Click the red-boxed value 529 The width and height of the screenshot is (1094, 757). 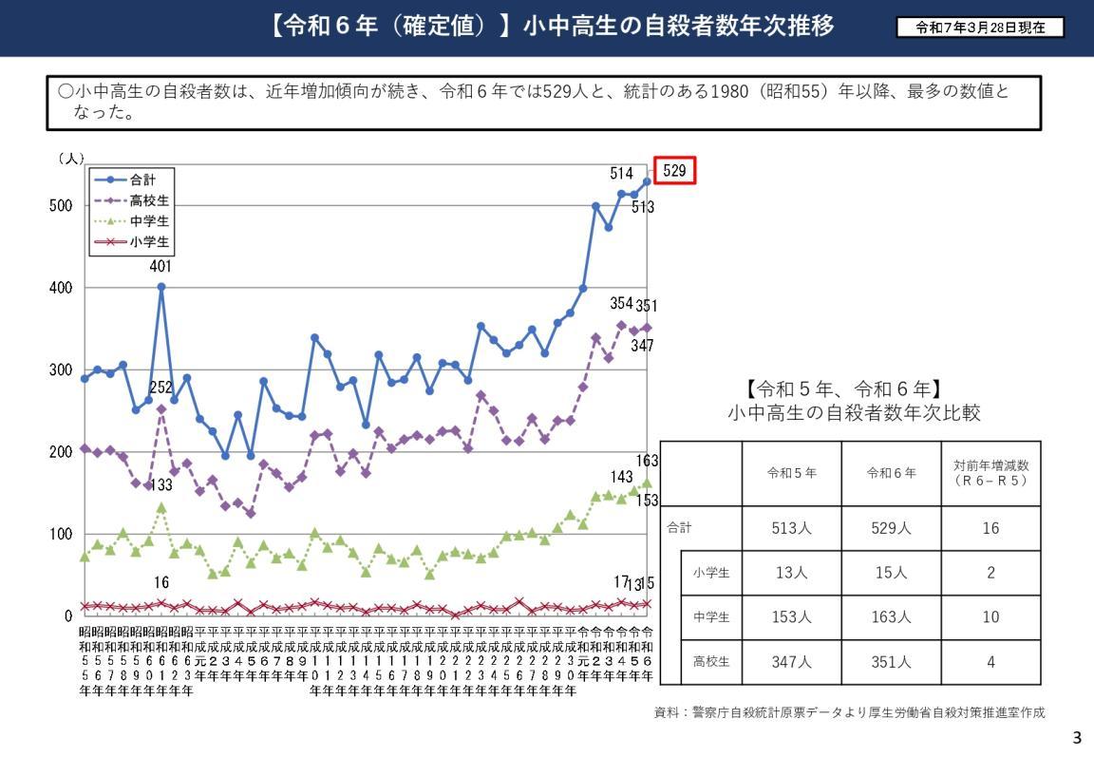tap(674, 171)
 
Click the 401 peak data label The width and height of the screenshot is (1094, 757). tap(160, 267)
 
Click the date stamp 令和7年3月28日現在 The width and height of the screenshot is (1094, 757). tap(981, 28)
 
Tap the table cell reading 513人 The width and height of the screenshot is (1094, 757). tap(792, 529)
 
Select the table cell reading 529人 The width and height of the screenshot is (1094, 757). tap(891, 529)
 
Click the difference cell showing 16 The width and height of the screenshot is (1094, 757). tap(990, 529)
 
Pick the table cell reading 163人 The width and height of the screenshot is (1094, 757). tap(891, 617)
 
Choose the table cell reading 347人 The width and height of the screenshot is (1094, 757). tap(792, 662)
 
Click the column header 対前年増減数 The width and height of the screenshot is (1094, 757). tap(990, 473)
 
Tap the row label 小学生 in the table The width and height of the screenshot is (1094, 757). tap(711, 573)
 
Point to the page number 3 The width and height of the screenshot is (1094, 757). tap(1077, 738)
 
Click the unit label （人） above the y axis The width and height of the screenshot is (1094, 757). tap(70, 159)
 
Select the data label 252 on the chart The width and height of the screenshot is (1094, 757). tap(161, 388)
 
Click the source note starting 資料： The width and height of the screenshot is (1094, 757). tap(856, 711)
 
